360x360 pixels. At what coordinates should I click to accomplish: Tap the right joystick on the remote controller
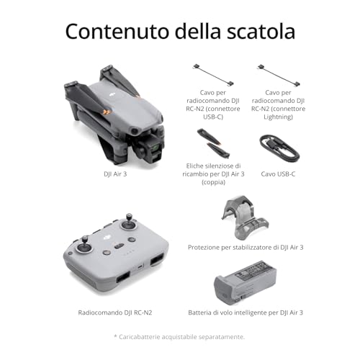[130, 220]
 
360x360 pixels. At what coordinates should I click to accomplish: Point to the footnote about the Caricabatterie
[180, 336]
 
